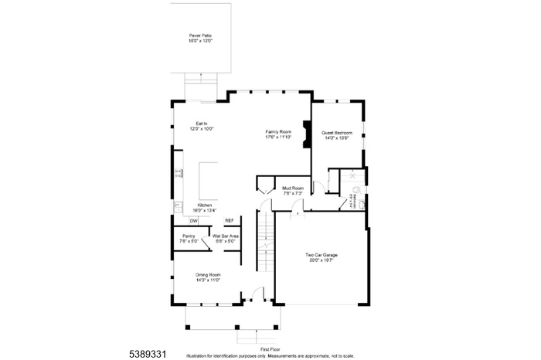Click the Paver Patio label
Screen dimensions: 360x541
tap(200, 36)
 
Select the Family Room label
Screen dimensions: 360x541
tap(277, 133)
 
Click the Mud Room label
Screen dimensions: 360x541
tap(292, 188)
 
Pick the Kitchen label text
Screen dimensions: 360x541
tap(204, 205)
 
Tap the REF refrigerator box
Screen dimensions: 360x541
tap(229, 221)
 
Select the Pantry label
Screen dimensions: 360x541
tap(189, 236)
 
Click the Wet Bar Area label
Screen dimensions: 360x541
tap(226, 236)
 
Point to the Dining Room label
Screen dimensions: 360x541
tap(208, 275)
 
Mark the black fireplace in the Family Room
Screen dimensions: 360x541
tap(307, 132)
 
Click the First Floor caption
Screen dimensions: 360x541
tap(270, 349)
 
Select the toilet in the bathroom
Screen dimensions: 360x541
tap(357, 188)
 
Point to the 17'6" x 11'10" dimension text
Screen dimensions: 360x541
tap(277, 138)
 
